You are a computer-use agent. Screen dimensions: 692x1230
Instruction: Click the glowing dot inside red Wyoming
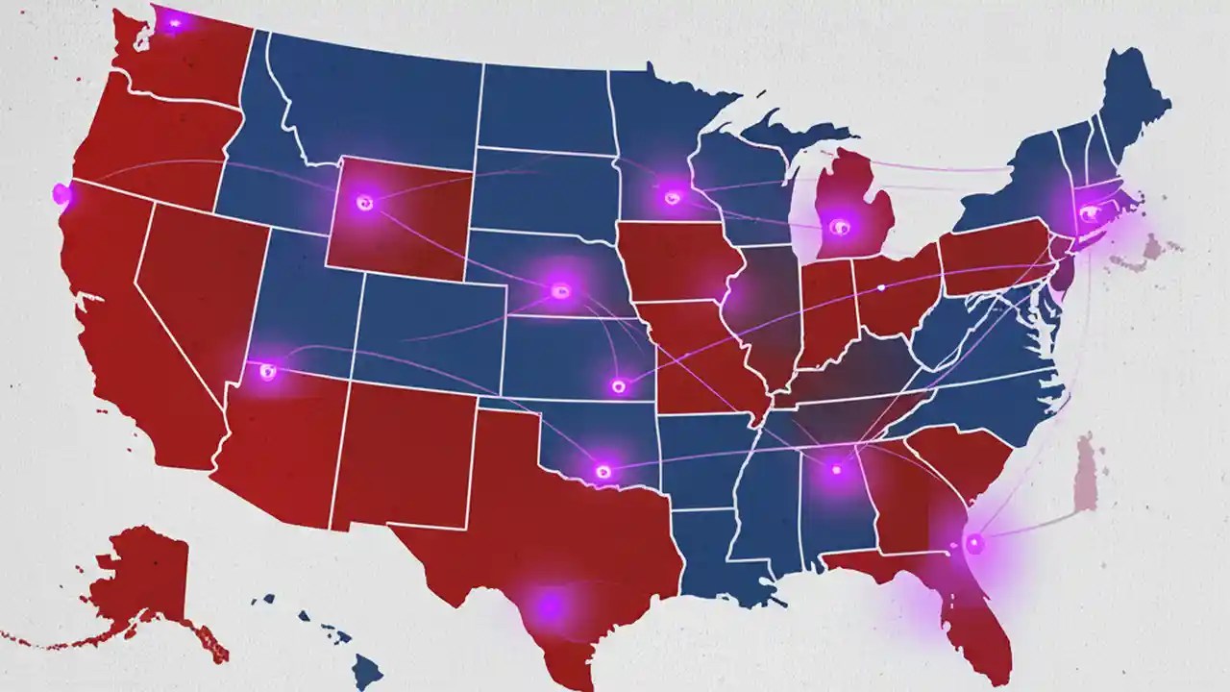tap(363, 202)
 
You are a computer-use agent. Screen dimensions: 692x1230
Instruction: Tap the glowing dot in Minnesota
tap(672, 197)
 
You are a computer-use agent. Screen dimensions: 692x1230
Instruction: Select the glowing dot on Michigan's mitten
tap(839, 227)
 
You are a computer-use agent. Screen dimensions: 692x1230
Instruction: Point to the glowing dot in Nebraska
tap(561, 289)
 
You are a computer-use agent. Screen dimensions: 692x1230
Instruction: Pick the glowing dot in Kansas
tap(618, 386)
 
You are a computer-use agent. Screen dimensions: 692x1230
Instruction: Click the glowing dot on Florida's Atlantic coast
tap(975, 544)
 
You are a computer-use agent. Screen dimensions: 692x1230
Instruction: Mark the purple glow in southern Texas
tap(549, 605)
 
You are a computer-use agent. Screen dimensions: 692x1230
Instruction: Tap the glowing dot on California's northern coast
tap(61, 194)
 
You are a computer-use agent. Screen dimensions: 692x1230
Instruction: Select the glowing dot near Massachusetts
tap(1088, 213)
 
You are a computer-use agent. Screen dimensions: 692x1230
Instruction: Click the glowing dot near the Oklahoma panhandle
tap(603, 471)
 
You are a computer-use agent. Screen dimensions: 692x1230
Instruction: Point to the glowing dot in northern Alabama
tap(835, 469)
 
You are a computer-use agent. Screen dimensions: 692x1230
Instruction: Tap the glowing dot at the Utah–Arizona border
tap(267, 371)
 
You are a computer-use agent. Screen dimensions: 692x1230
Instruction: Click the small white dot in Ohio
tap(881, 287)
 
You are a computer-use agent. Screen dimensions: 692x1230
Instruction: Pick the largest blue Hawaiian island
tap(366, 668)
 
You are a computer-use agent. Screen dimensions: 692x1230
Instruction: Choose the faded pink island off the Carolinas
tap(1086, 471)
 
